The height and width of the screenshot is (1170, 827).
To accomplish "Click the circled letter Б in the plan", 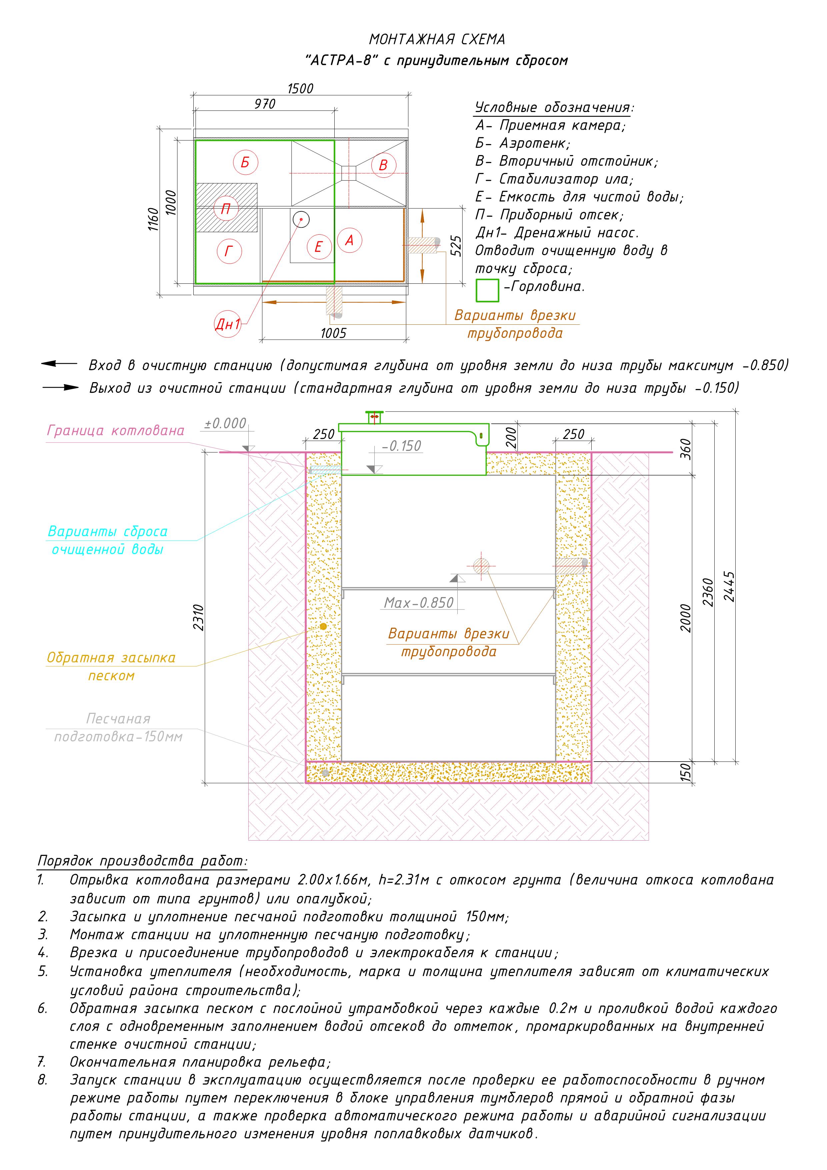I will click(x=245, y=163).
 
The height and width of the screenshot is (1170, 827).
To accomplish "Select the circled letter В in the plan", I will click(x=383, y=165).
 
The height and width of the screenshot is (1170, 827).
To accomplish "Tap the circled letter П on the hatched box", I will click(x=226, y=208).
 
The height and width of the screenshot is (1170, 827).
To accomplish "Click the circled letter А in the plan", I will click(x=349, y=240).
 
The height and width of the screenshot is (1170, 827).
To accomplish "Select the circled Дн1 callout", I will click(x=227, y=323).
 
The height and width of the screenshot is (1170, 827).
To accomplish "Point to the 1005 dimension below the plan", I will click(x=333, y=333).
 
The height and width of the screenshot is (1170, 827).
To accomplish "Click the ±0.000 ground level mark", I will click(x=225, y=423).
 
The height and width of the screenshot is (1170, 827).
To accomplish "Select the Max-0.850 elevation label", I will click(x=418, y=603).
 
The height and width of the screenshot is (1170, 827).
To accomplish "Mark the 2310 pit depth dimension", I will click(x=199, y=617).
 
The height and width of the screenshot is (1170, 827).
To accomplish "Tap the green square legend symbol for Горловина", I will click(x=487, y=290).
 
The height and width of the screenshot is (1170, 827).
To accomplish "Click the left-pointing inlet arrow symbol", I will click(x=59, y=364).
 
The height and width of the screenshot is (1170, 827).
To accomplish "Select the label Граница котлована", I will click(x=116, y=430).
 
